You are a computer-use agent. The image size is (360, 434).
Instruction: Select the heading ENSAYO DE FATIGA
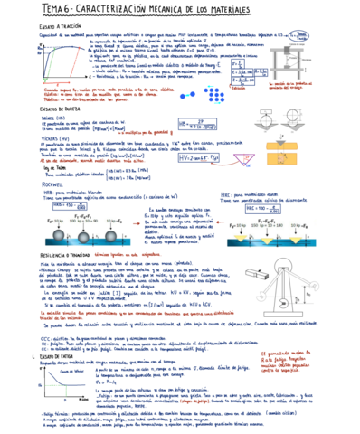[36, 357]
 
